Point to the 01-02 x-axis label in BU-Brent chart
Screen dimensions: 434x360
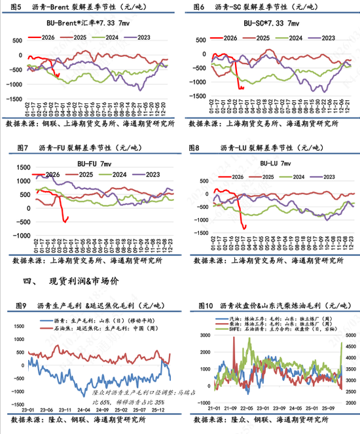click(x=27, y=106)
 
